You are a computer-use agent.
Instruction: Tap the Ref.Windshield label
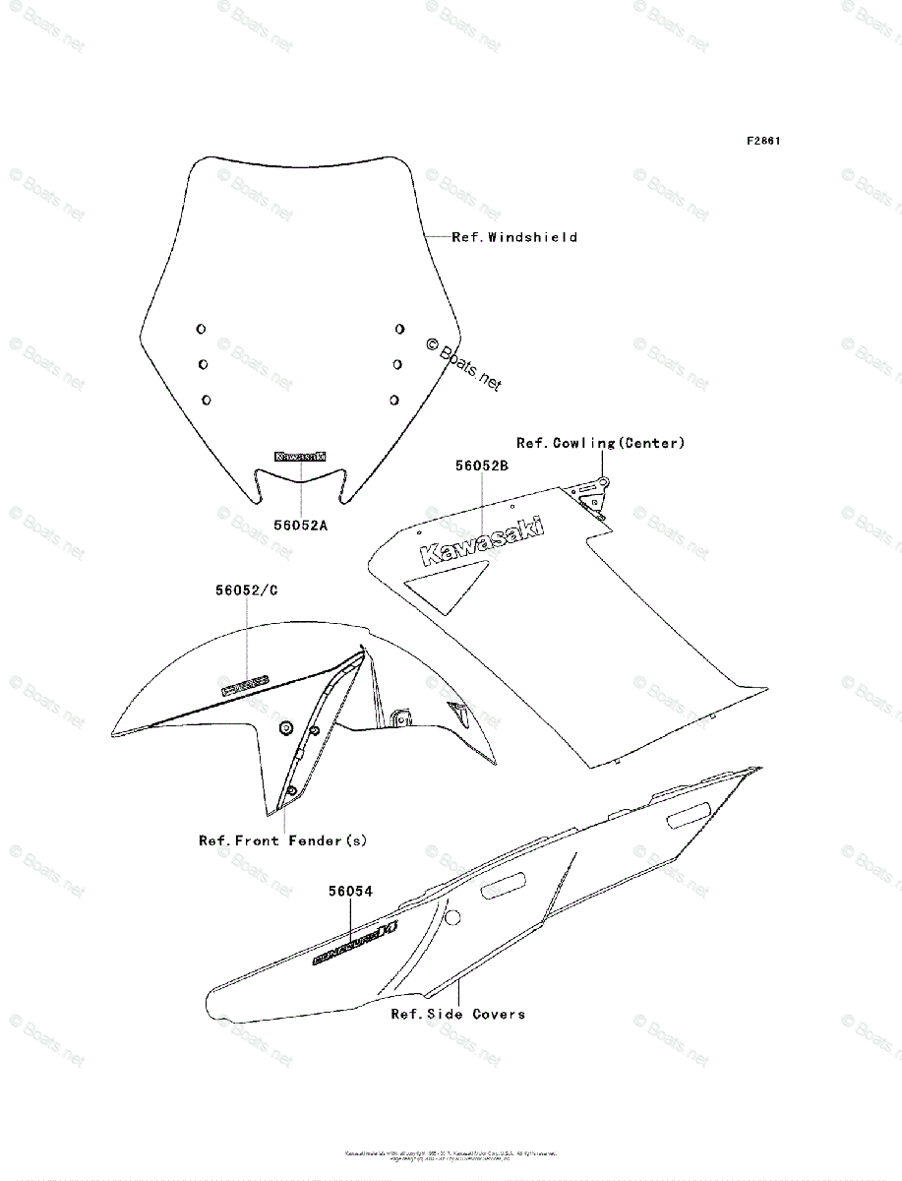click(x=514, y=237)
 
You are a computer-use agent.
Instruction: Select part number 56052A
click(x=300, y=526)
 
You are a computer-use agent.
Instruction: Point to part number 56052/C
click(x=247, y=590)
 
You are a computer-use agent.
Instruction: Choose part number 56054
click(x=350, y=892)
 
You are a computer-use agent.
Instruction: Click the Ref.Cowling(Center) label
click(x=600, y=443)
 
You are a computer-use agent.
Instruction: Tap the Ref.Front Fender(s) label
click(x=282, y=840)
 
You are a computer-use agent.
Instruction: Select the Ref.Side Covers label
click(x=457, y=1014)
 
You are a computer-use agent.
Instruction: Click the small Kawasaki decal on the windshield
click(x=301, y=457)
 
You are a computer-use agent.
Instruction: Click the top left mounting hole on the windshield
click(x=200, y=329)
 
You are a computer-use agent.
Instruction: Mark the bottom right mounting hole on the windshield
click(x=393, y=400)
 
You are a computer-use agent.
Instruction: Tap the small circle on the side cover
click(x=452, y=918)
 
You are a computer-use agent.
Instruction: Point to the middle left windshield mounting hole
click(x=203, y=364)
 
